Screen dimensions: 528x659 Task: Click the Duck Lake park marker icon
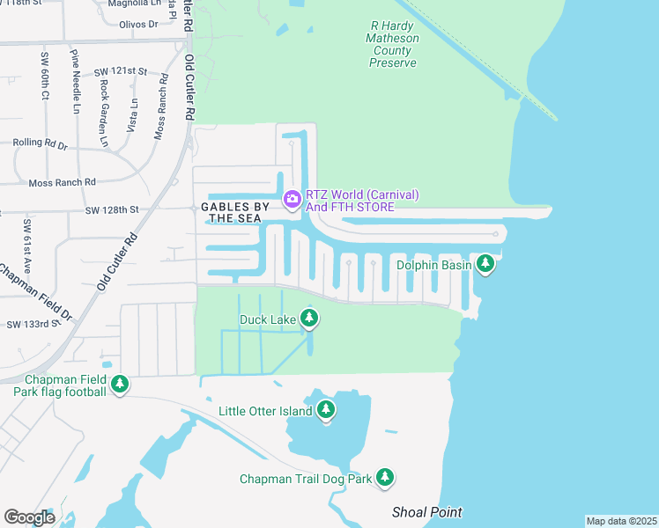[x=308, y=317]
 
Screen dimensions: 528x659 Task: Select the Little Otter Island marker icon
[x=326, y=409]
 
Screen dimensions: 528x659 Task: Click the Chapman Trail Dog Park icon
[x=384, y=477]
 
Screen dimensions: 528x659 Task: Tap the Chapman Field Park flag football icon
[x=120, y=384]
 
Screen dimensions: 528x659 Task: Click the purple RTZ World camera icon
[x=292, y=200]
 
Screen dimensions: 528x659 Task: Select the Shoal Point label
[x=426, y=512]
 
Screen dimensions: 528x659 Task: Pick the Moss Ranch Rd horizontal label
[x=62, y=182]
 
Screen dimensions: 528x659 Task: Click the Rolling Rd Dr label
[x=40, y=143]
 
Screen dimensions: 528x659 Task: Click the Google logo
[x=29, y=517]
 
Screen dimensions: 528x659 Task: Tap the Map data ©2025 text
[x=621, y=521]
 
